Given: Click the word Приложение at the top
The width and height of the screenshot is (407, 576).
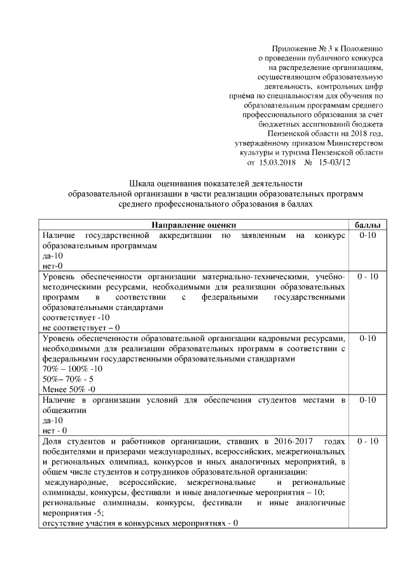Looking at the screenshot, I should pyautogui.click(x=294, y=48).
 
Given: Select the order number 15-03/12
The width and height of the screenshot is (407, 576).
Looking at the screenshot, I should pyautogui.click(x=335, y=162).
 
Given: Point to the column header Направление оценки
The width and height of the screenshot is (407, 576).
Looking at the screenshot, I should pyautogui.click(x=194, y=225).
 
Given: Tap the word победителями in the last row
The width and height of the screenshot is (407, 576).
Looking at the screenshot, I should pyautogui.click(x=69, y=452).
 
